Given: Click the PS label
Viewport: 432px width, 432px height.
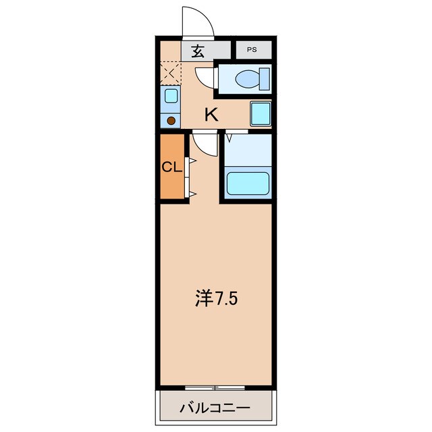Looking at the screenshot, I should [x=251, y=49].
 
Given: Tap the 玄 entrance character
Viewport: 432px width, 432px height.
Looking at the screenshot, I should [x=198, y=50].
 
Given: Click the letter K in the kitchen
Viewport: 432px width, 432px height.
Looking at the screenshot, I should [x=211, y=115].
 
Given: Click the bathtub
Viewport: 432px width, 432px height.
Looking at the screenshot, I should [x=248, y=183].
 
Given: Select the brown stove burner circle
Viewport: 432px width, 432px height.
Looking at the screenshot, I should [x=171, y=121].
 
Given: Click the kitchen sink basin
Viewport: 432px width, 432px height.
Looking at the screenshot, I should [x=171, y=96].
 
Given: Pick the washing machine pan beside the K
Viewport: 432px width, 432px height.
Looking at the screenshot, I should [x=261, y=113].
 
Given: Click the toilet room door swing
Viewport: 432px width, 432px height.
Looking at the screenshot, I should [x=205, y=77].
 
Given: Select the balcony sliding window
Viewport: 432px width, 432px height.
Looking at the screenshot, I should [x=215, y=387].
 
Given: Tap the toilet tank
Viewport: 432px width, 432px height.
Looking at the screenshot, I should [x=265, y=79].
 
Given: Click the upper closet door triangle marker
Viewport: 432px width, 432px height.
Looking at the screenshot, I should [x=192, y=161].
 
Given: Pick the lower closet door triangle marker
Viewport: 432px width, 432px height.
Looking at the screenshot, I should [x=192, y=194].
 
